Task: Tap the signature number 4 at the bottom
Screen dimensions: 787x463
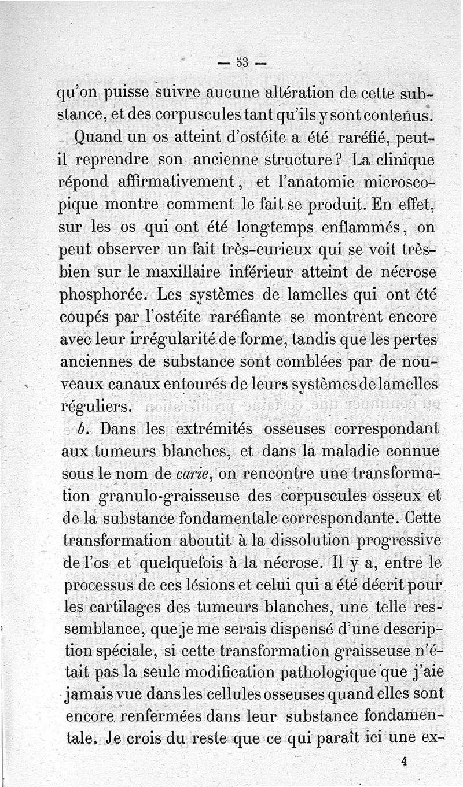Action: click(404, 762)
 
